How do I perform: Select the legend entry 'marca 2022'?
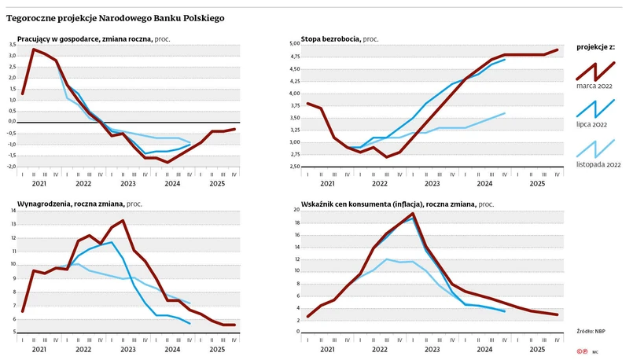tap(594, 85)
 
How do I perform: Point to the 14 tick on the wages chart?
tap(12, 211)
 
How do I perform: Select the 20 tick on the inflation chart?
tap(297, 210)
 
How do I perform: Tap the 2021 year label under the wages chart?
tap(39, 350)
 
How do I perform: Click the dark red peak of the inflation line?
tap(413, 213)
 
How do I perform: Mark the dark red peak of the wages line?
tap(123, 221)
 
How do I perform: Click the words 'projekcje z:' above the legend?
tap(594, 47)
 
